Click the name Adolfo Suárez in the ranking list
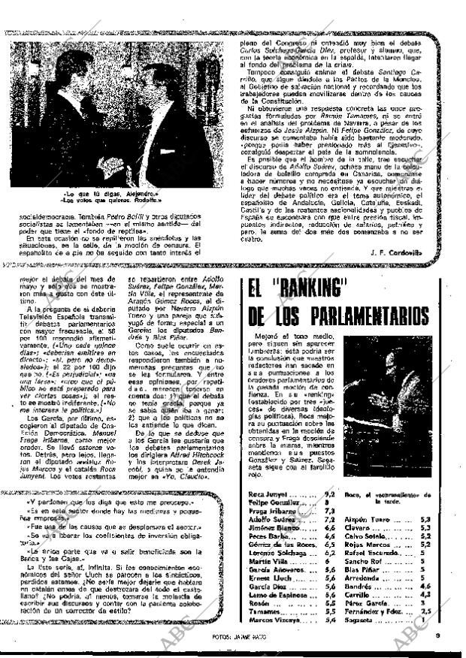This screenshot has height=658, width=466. pos(271,520)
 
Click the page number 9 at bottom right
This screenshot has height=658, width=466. pos(437,638)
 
